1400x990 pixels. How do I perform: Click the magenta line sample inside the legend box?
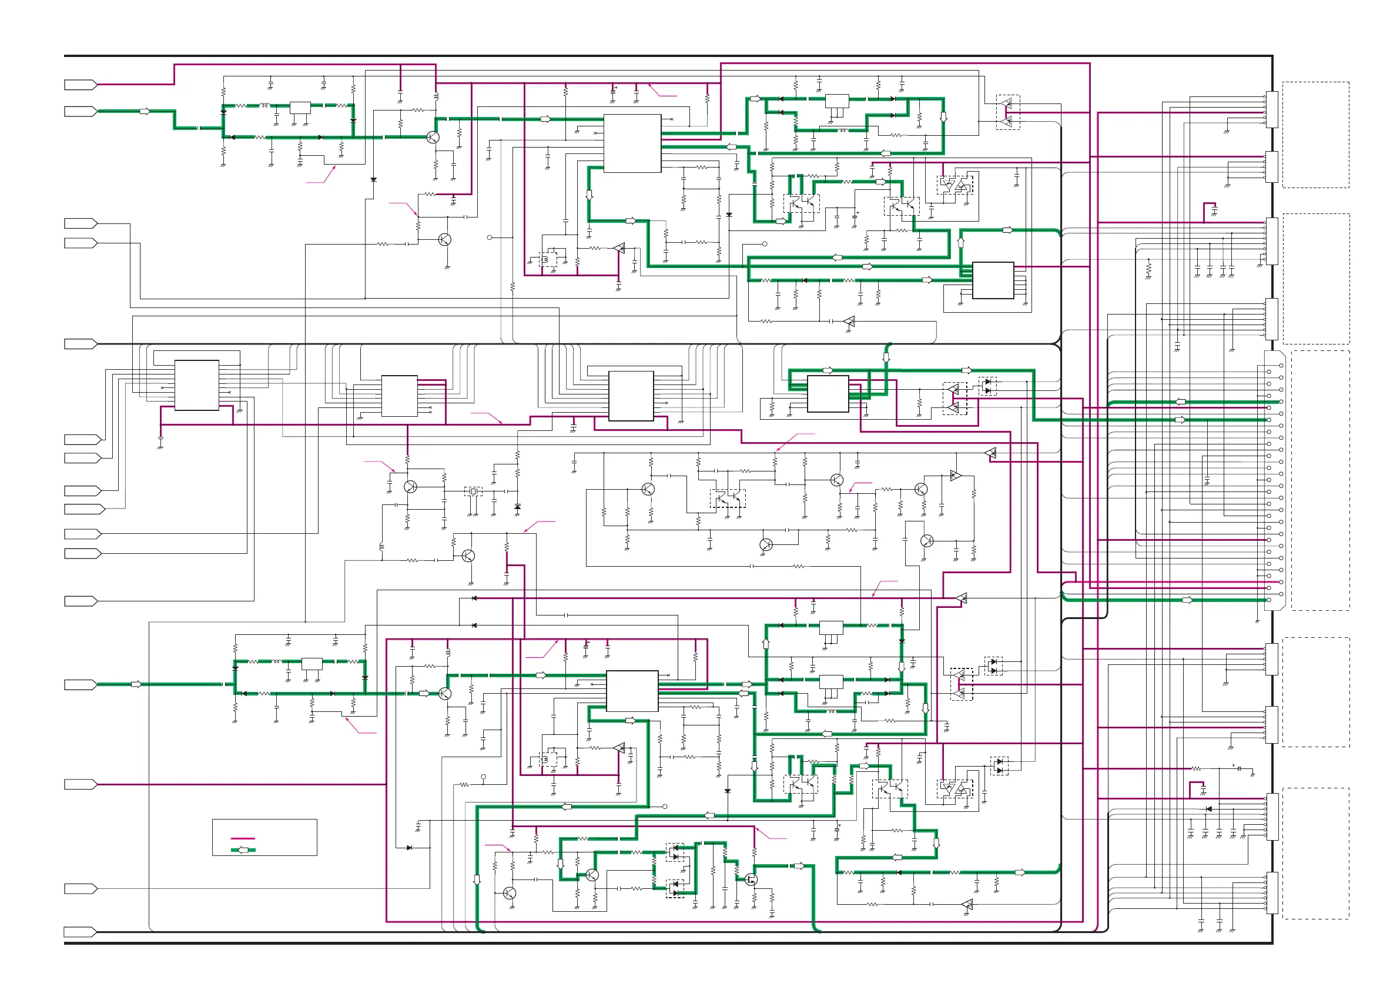click(x=243, y=839)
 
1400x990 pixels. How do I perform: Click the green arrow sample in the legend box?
click(x=243, y=849)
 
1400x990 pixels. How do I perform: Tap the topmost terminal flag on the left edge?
click(x=81, y=85)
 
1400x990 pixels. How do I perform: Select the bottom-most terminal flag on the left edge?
click(x=81, y=931)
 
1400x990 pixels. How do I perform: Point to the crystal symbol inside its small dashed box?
click(x=473, y=491)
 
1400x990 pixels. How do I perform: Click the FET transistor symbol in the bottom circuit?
click(x=751, y=879)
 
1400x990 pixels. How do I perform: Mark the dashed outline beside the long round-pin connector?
click(x=1320, y=480)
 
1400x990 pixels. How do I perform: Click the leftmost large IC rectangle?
click(x=196, y=385)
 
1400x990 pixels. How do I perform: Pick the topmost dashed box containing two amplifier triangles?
click(x=1007, y=112)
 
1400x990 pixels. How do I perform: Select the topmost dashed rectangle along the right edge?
click(x=1315, y=135)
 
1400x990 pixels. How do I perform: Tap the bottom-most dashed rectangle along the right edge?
click(x=1315, y=854)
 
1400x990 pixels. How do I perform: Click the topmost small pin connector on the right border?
click(x=1271, y=110)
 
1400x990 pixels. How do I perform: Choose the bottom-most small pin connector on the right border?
click(x=1271, y=893)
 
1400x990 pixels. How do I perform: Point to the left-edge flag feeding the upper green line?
click(x=81, y=111)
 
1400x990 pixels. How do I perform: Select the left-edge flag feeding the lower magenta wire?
click(x=81, y=784)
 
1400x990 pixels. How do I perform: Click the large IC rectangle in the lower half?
click(x=632, y=691)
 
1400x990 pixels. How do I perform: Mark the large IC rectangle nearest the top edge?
click(x=632, y=143)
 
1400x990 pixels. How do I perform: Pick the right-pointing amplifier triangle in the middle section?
click(x=956, y=475)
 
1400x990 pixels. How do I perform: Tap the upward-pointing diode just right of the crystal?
click(x=517, y=507)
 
